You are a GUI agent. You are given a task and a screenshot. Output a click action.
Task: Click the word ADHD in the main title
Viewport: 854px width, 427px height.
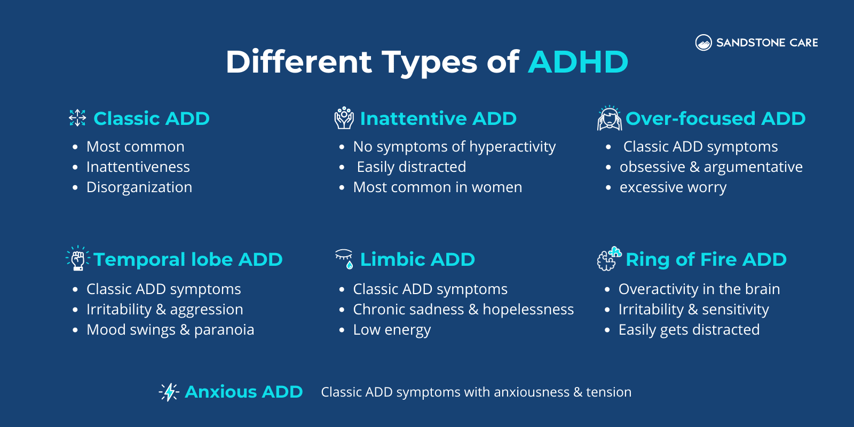[578, 62]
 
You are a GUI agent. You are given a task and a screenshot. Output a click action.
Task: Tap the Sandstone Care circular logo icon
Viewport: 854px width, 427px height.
[703, 43]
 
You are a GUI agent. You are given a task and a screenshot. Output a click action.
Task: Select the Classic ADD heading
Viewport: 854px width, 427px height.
[152, 118]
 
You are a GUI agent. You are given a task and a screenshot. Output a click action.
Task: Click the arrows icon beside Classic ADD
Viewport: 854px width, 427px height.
[77, 118]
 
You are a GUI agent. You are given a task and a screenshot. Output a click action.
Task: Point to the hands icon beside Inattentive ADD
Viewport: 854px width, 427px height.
[344, 118]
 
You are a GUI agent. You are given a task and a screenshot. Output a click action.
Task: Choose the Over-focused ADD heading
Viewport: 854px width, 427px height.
[715, 118]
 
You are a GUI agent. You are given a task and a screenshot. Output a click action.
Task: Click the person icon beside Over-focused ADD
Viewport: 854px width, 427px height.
[609, 118]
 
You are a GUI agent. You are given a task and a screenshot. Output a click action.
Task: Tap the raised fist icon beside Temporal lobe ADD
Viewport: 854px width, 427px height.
[78, 259]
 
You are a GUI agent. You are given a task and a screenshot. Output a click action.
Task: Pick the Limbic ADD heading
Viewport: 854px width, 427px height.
[417, 259]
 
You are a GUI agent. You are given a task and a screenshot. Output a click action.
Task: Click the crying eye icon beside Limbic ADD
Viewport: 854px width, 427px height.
[344, 258]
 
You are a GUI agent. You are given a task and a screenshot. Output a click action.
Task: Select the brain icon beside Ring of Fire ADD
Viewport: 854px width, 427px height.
[608, 259]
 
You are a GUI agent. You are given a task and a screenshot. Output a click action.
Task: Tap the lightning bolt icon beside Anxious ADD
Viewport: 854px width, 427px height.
[169, 392]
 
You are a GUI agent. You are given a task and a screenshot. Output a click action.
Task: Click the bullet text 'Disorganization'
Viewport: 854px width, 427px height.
[139, 187]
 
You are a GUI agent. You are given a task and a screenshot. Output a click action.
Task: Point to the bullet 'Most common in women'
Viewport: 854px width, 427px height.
[438, 187]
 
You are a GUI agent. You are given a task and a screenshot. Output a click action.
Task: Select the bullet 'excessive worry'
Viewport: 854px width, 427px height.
[673, 187]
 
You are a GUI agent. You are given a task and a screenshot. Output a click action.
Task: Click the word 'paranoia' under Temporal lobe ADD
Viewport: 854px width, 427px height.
[224, 330]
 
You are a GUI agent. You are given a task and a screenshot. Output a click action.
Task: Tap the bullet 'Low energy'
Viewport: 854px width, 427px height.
[392, 330]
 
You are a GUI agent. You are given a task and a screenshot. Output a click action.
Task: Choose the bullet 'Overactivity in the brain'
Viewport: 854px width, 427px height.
[699, 289]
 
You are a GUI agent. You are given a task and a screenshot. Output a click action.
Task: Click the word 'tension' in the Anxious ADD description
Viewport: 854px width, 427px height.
[608, 392]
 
